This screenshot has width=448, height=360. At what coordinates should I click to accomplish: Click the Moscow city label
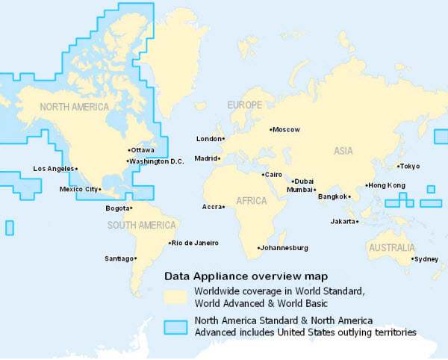[287, 129]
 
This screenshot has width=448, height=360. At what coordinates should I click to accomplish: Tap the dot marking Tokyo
[398, 167]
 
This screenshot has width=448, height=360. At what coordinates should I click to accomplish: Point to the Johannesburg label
[284, 248]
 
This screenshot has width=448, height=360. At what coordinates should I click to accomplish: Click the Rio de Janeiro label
[195, 243]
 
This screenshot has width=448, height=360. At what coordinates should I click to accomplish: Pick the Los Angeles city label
[53, 169]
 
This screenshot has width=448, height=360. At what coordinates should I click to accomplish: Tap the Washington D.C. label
[156, 161]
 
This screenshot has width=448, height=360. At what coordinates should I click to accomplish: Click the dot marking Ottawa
[127, 150]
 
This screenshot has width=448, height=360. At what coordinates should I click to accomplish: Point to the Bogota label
[117, 208]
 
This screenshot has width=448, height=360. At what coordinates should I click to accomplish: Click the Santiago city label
[119, 258]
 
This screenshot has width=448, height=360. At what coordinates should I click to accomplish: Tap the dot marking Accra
[223, 207]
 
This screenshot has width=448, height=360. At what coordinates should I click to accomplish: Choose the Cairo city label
[272, 175]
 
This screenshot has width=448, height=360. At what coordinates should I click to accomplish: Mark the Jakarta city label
[343, 222]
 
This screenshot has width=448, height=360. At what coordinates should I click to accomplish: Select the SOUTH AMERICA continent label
[142, 225]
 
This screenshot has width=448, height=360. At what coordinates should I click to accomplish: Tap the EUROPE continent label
[245, 105]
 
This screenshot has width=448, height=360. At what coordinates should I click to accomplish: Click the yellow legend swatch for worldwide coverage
[175, 296]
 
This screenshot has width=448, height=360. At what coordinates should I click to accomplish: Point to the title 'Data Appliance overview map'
[246, 276]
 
